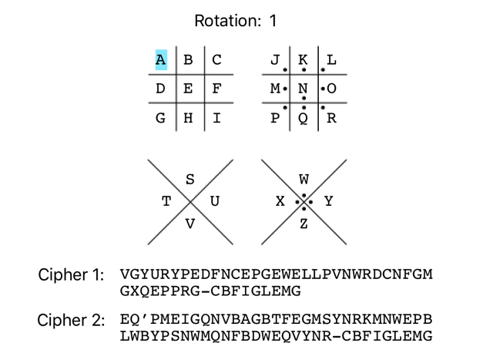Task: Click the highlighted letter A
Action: (160, 60)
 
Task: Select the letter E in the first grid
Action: (188, 89)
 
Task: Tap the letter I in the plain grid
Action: (216, 119)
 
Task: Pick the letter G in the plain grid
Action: (160, 119)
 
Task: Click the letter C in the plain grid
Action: (216, 60)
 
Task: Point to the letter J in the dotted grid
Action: (275, 60)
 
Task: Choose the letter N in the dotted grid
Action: (303, 89)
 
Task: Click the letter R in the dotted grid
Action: (331, 119)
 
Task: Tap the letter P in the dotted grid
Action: (275, 119)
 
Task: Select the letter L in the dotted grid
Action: (331, 60)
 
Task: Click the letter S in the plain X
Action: (190, 180)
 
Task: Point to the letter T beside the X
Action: (166, 202)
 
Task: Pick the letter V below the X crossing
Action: (190, 224)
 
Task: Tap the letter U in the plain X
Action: (215, 202)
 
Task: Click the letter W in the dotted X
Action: (304, 180)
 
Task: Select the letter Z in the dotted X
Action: (304, 224)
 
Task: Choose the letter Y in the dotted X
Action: (328, 202)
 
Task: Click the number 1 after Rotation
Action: (273, 21)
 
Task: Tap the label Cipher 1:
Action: (72, 275)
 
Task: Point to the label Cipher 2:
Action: (72, 320)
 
